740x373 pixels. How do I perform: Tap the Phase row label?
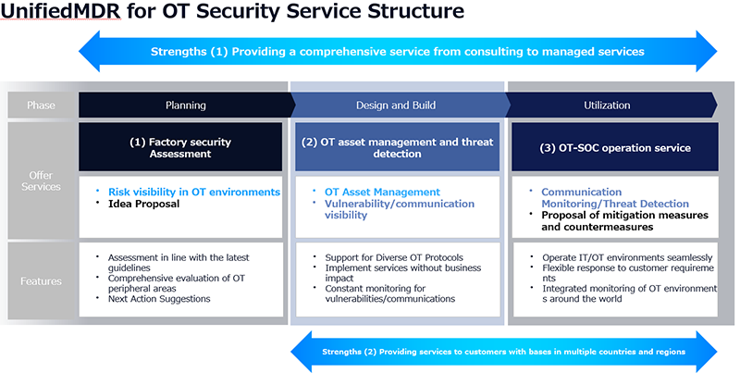point(41,105)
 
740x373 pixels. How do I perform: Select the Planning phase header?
point(185,105)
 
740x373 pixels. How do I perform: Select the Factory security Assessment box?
point(180,147)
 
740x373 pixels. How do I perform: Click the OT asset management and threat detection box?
point(398,147)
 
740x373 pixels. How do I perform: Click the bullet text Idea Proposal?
point(143,204)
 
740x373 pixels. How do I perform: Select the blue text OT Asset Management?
point(382,192)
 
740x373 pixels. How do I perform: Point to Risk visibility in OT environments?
point(193,192)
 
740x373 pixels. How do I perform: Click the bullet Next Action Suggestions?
point(159,299)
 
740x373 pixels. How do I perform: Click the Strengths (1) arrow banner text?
point(398,52)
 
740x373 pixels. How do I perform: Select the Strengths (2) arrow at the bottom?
point(503,352)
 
